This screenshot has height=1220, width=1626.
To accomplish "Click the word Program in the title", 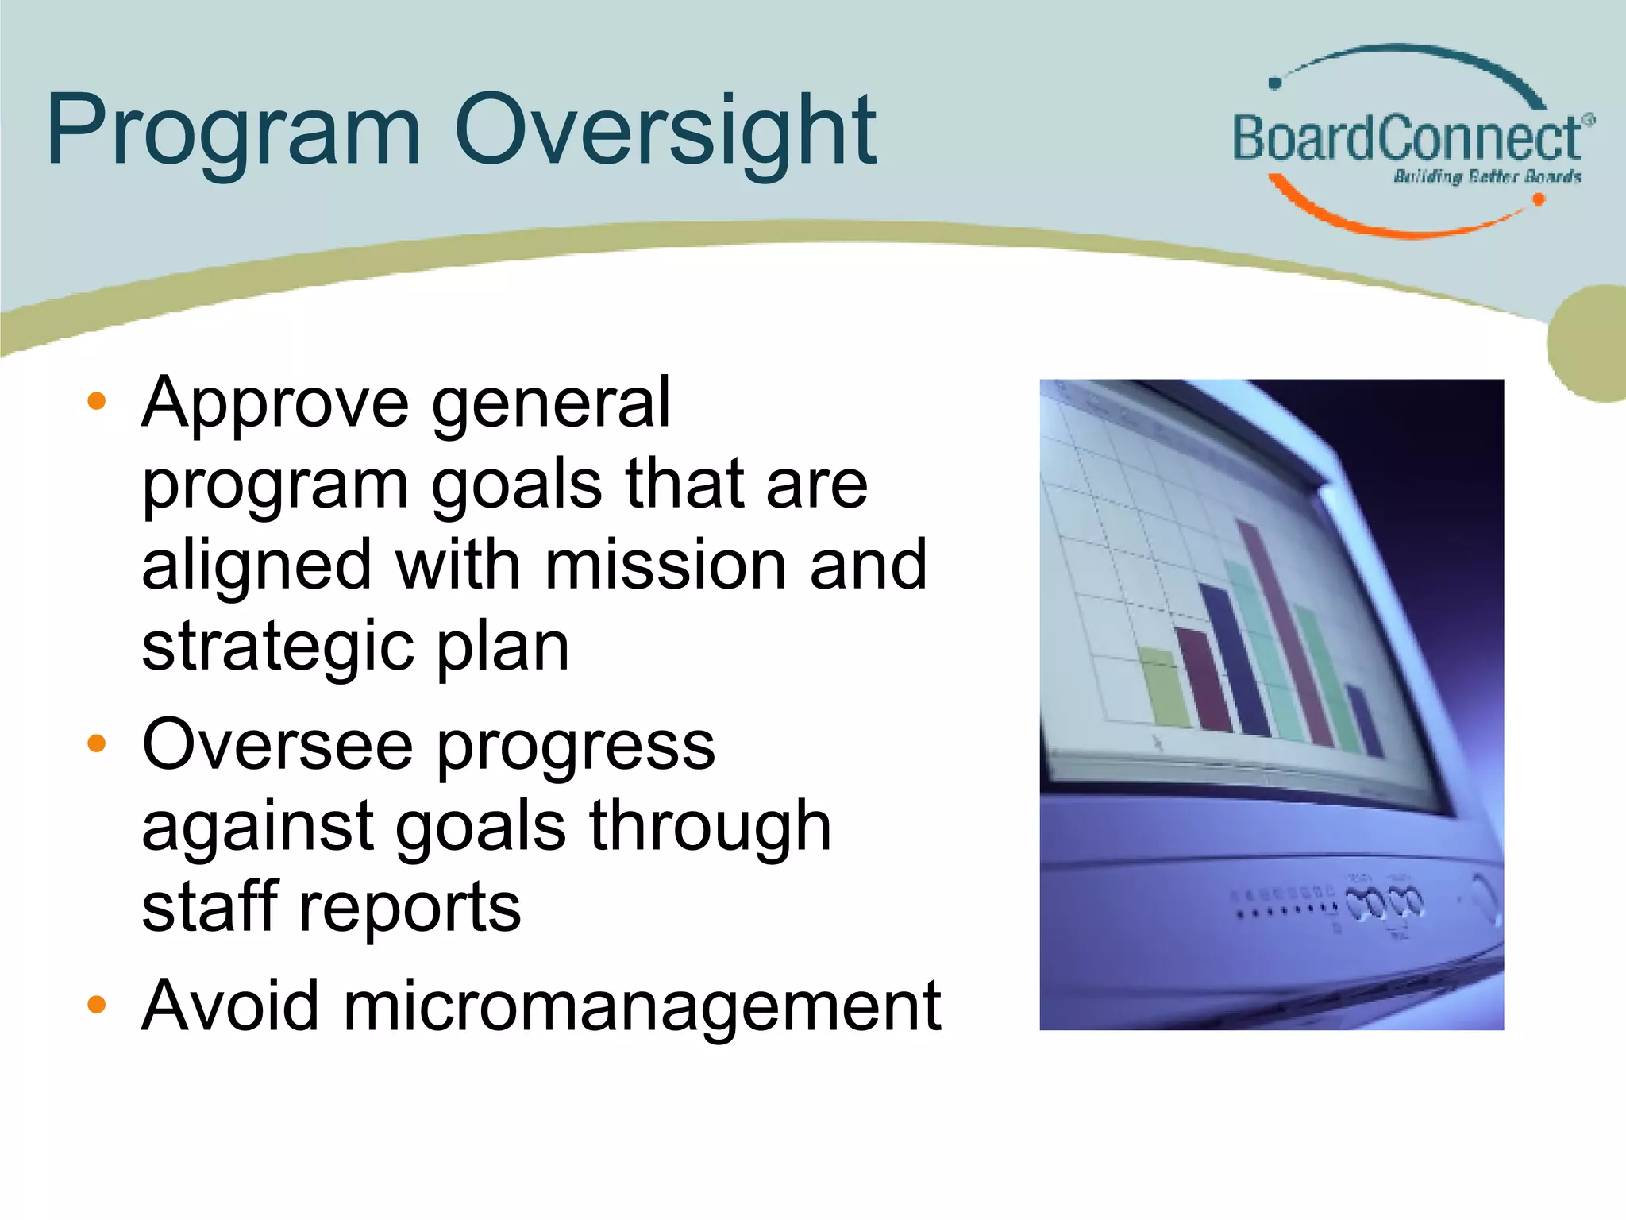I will point(233,131).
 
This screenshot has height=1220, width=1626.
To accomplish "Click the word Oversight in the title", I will point(665,131).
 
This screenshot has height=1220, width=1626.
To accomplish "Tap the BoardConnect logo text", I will point(1405,139).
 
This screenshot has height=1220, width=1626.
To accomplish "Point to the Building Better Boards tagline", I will point(1486,176).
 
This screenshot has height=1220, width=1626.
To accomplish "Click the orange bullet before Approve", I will point(96,402).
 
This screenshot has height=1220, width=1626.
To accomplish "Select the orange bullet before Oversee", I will point(96,744).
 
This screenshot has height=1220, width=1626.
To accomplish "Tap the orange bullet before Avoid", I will point(96,1005).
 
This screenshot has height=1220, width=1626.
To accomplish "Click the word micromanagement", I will point(642,1006).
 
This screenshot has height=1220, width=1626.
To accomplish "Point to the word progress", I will point(576,745).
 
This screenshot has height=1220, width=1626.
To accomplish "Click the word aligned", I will point(256,566).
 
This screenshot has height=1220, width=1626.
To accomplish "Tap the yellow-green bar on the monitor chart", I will point(1163,687).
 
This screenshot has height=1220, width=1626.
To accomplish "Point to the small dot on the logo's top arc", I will point(1276,83).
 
